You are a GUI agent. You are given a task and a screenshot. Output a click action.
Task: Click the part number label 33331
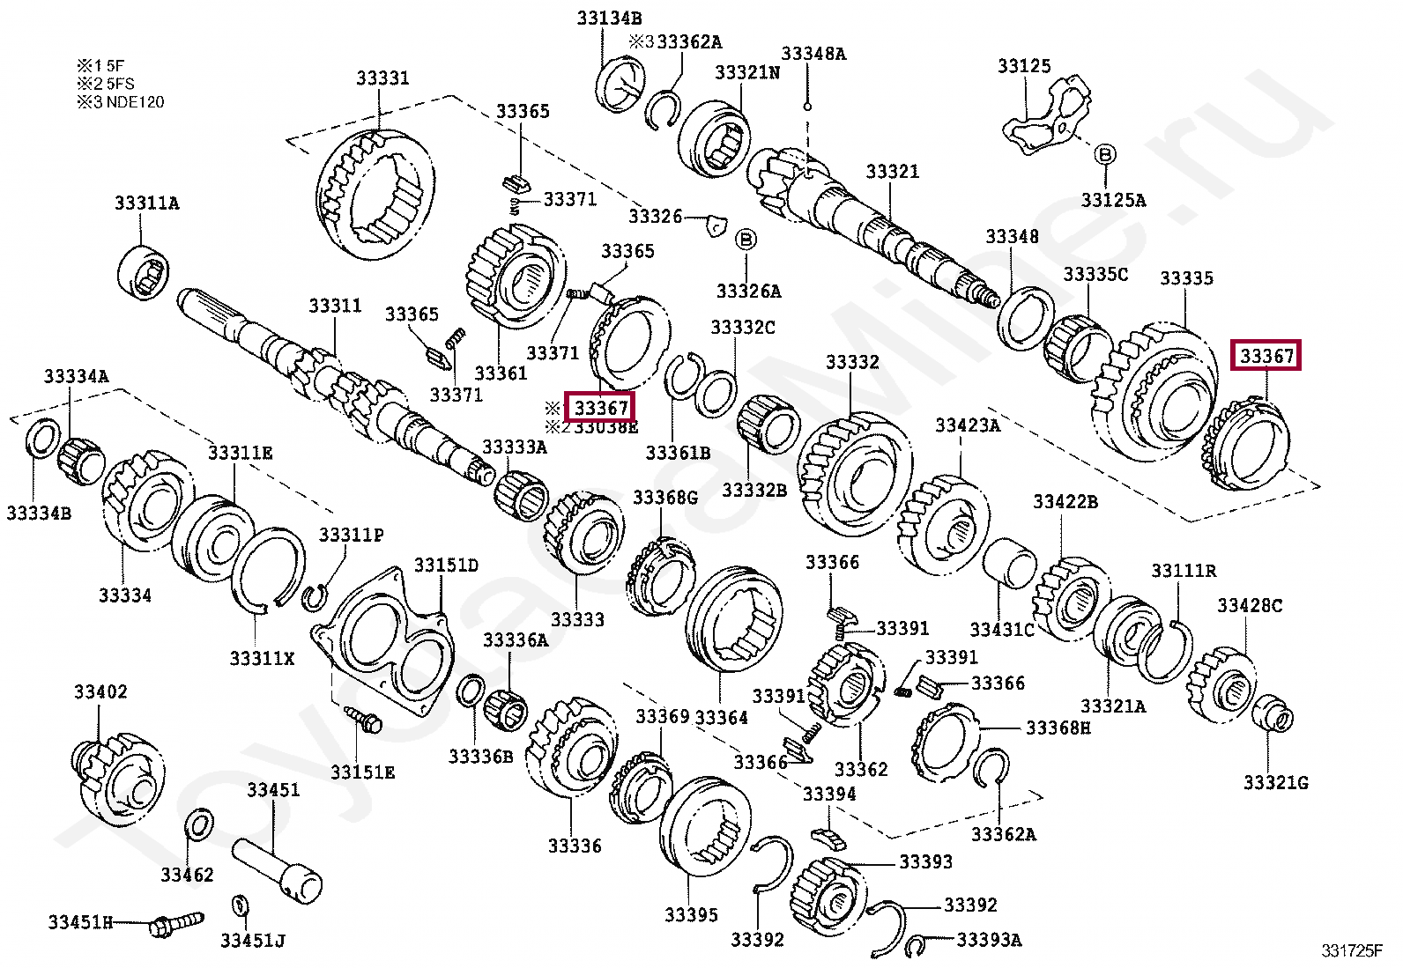pos(382,78)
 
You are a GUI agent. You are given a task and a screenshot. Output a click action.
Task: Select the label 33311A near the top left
pos(146,203)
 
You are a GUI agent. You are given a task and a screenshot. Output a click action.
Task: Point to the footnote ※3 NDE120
pos(120,102)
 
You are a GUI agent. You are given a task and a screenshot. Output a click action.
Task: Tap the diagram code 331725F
pos(1352,950)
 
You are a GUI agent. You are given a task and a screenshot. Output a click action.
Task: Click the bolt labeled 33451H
pos(177,925)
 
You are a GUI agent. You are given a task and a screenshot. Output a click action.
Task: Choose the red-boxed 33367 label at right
pos(1266,356)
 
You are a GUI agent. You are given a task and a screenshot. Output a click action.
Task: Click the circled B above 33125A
pos(1104,155)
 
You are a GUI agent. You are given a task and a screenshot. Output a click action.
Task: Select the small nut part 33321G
pos(1273,713)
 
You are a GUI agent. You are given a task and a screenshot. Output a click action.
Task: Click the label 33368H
pos(1058,728)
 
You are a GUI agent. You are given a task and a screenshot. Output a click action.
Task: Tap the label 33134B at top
pos(609,18)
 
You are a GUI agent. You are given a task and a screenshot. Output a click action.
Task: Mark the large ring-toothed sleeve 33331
pos(375,194)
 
